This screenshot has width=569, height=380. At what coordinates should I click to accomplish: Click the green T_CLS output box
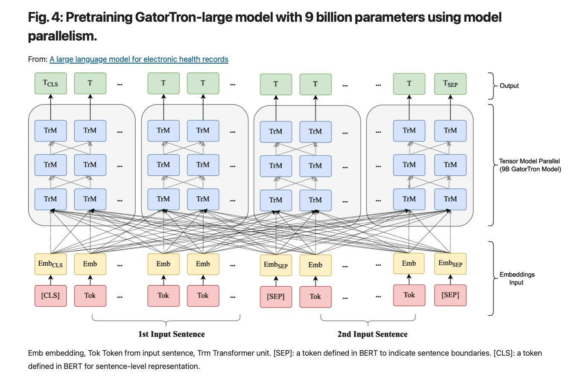(x=51, y=83)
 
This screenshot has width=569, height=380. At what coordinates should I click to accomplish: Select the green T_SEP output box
(x=450, y=84)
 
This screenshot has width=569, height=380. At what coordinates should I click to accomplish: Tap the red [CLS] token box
(x=51, y=296)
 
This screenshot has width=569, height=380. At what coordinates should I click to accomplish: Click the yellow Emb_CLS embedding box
(x=51, y=264)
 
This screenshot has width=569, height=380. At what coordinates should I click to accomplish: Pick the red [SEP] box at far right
(x=450, y=295)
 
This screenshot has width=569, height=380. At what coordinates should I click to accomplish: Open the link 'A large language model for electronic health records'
(x=139, y=59)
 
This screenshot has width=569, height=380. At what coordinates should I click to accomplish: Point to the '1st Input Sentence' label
(x=171, y=334)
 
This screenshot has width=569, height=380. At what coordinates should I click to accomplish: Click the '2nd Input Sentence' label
(x=372, y=334)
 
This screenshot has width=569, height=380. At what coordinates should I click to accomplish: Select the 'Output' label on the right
(x=509, y=86)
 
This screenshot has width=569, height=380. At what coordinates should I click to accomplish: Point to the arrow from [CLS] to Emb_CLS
(x=51, y=280)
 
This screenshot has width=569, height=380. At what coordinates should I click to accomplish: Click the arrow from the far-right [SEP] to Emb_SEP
(x=450, y=280)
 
